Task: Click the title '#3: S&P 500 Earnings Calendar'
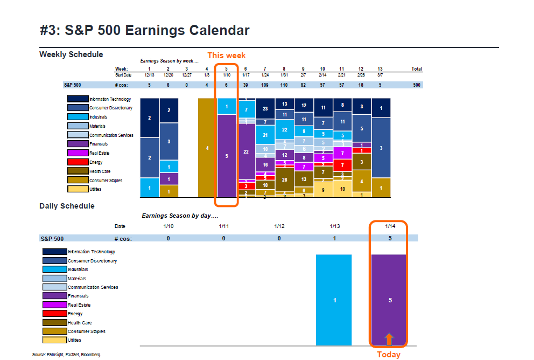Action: point(145,30)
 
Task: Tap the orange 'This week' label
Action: point(226,56)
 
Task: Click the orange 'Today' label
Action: point(388,354)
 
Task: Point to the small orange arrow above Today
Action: point(389,338)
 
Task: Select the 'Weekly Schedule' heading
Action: point(71,54)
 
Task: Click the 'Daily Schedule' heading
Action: point(67,206)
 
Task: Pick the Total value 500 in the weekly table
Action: point(416,85)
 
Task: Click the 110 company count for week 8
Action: point(284,85)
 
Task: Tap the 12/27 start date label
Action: point(187,74)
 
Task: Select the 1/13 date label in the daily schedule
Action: point(334,226)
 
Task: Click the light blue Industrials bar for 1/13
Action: point(334,300)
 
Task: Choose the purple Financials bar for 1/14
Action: point(389,300)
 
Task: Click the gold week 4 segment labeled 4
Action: point(207,148)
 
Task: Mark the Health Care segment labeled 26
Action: point(284,179)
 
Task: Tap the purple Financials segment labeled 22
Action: point(246,152)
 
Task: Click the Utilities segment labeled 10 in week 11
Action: point(342,189)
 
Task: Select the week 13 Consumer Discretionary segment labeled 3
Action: point(381,148)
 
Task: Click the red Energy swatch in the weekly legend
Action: point(78,162)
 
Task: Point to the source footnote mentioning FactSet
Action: point(66,355)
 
